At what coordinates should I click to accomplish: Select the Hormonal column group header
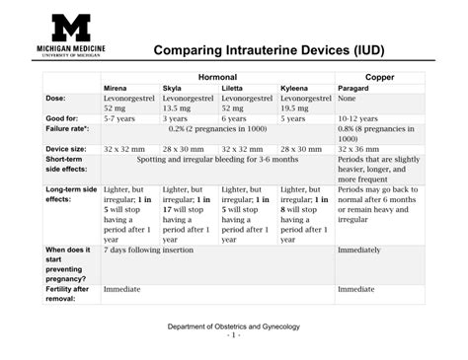pyautogui.click(x=217, y=76)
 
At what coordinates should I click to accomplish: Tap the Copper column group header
pyautogui.click(x=380, y=76)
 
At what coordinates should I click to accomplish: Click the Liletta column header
pyautogui.click(x=233, y=88)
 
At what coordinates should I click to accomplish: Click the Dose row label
pyautogui.click(x=56, y=99)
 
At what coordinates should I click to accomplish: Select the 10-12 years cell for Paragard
pyautogui.click(x=357, y=117)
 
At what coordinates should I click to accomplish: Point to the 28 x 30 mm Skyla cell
pyautogui.click(x=182, y=148)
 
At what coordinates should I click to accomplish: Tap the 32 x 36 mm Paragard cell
pyautogui.click(x=357, y=148)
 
